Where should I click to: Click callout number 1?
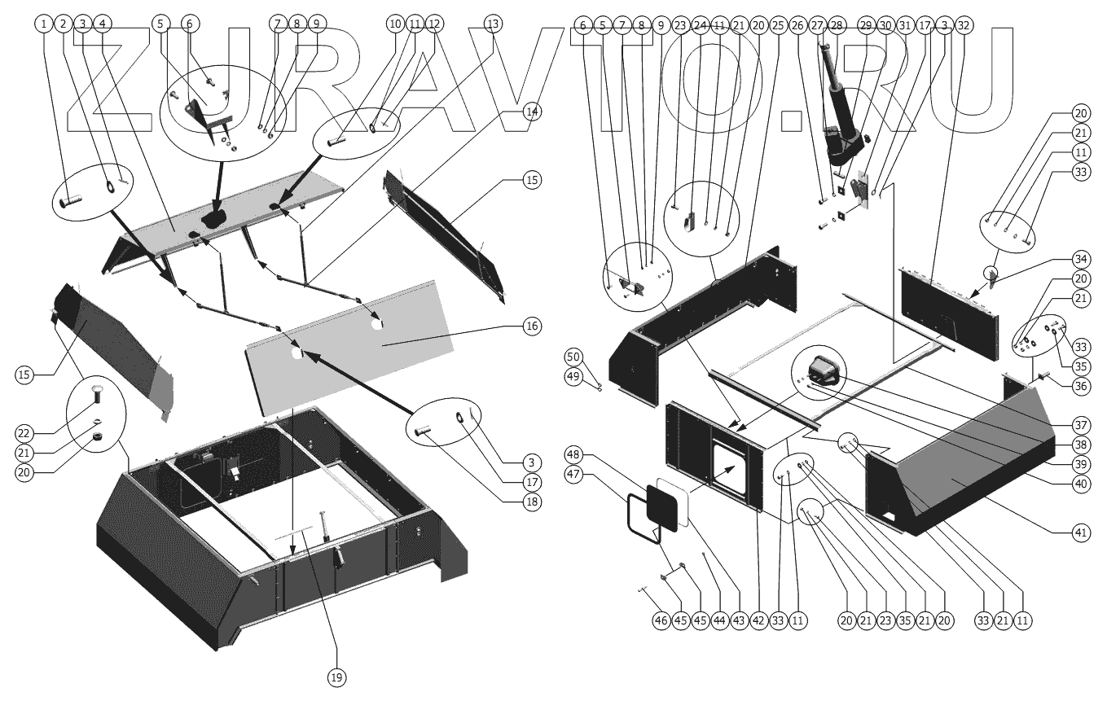43,24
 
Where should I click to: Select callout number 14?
532,110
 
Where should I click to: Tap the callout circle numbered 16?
532,326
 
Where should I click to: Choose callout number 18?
532,502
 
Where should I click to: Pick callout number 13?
493,24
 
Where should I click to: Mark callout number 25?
778,24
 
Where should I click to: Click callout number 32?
964,24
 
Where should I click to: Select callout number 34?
1080,260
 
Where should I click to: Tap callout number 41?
1080,532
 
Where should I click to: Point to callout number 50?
574,357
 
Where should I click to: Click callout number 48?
574,454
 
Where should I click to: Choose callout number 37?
1080,425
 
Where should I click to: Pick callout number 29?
866,24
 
